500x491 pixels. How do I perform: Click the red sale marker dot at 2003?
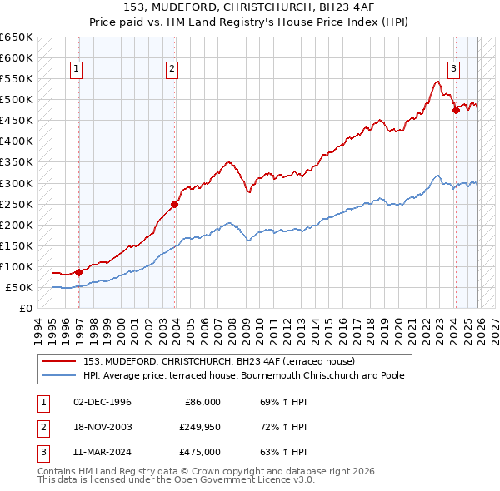coord(174,204)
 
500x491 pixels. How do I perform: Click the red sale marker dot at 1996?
coord(78,272)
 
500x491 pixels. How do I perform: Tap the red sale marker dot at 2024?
coord(456,110)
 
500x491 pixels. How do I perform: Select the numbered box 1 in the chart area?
coord(76,70)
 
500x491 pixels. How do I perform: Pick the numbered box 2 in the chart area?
coord(172,70)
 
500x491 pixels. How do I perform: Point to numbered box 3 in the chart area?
coord(453,70)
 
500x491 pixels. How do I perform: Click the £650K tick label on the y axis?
coord(17,37)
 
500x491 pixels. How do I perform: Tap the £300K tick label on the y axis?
coord(17,183)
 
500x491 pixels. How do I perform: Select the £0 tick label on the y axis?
coord(26,308)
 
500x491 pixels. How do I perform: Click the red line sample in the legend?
coord(60,361)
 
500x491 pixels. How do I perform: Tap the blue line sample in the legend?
coord(60,375)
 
